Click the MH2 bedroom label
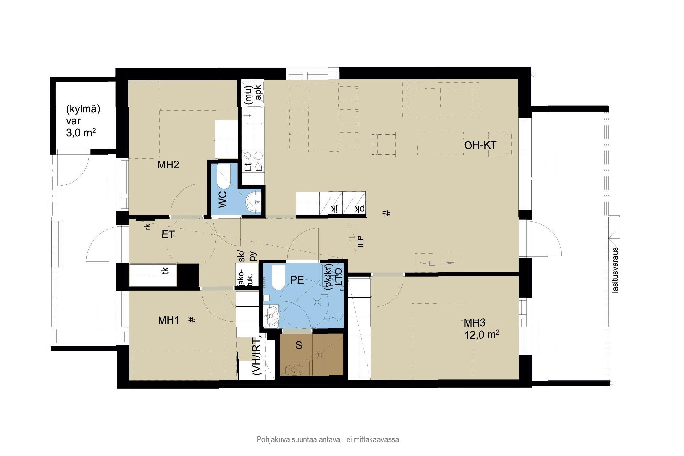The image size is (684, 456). click(x=168, y=165)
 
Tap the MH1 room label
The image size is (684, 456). click(x=168, y=320)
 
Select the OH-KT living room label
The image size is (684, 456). click(x=480, y=145)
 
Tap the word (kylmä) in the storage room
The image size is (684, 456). click(x=83, y=109)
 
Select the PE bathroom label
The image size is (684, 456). click(x=297, y=280)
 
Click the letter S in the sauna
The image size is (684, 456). click(x=299, y=345)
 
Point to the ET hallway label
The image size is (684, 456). click(x=168, y=234)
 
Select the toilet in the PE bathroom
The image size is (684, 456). click(x=278, y=278)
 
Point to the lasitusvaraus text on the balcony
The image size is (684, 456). click(x=615, y=270)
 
